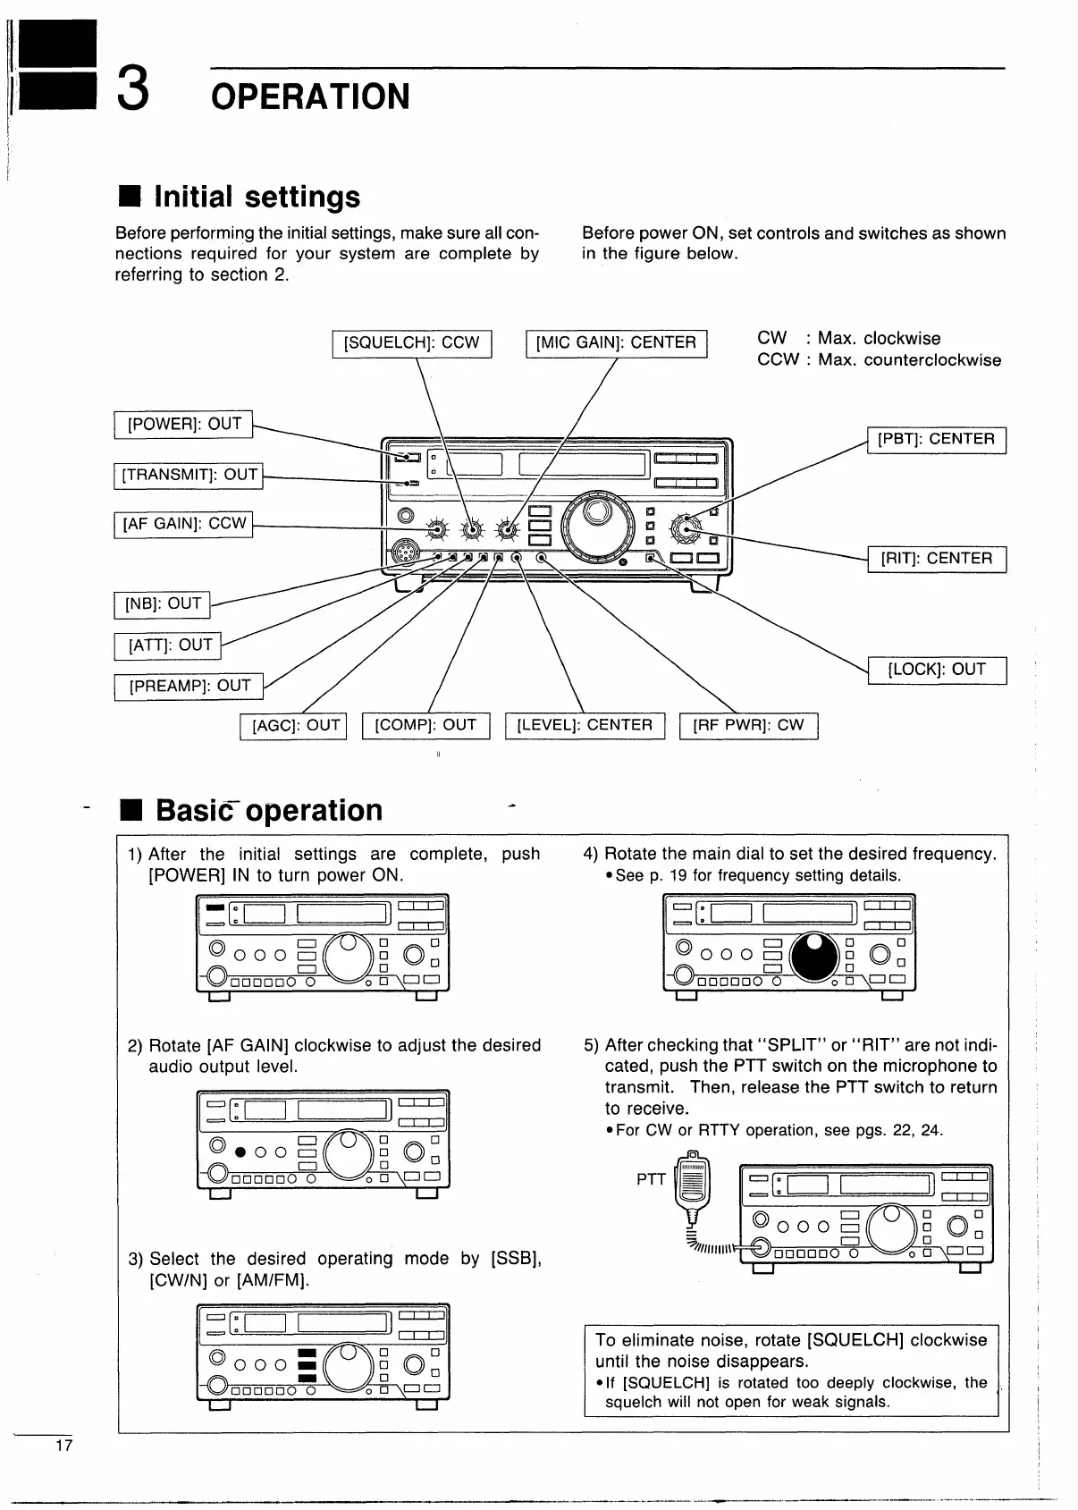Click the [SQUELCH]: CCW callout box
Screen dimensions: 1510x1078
point(412,343)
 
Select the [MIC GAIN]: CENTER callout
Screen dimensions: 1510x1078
point(616,343)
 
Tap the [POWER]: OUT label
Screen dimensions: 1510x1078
point(184,424)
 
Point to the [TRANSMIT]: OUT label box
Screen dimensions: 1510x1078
point(189,475)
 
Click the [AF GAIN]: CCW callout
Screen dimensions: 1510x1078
point(184,524)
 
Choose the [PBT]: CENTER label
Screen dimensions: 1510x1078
point(937,440)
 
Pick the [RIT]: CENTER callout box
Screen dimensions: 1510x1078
point(937,559)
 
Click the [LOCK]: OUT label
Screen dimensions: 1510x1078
point(937,670)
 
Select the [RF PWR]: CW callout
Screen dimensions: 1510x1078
point(749,725)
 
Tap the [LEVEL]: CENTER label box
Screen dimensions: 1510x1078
point(585,725)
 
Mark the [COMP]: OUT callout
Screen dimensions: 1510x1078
point(426,725)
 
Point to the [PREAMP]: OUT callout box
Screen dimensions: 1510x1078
point(189,686)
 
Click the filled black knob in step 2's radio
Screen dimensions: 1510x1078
point(240,1151)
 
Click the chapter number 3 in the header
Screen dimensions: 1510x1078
point(132,92)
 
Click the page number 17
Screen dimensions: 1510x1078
point(63,1446)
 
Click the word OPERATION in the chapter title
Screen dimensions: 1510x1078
point(310,97)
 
